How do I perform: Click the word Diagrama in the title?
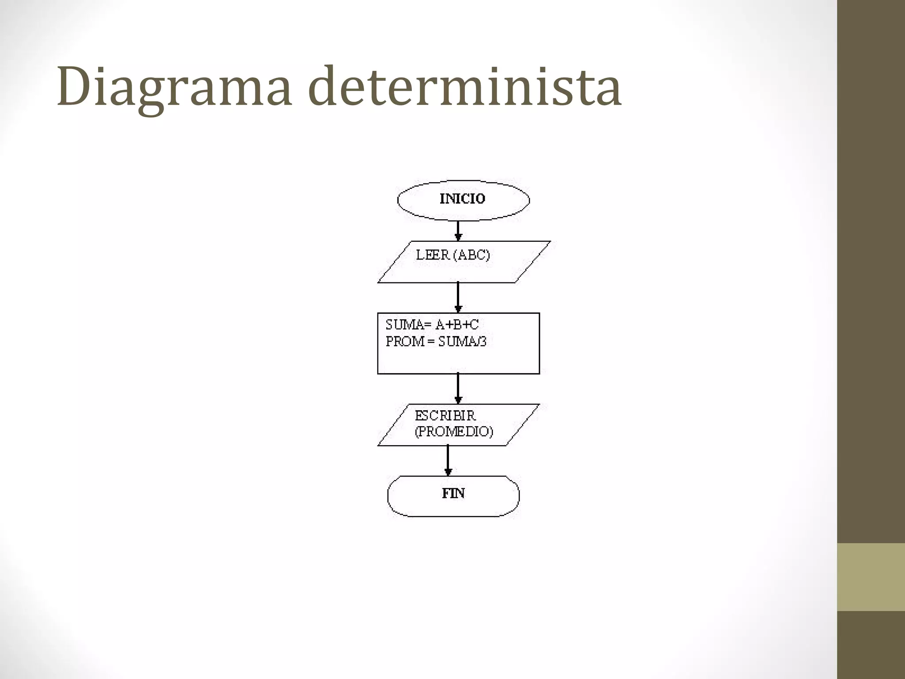click(x=174, y=87)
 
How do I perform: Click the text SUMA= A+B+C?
click(x=432, y=325)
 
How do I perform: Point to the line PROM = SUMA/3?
click(x=436, y=342)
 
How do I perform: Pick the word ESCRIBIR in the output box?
click(x=445, y=416)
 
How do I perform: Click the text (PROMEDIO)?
click(x=454, y=432)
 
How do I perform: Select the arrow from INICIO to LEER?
click(x=458, y=230)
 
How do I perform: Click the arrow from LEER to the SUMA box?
click(x=458, y=297)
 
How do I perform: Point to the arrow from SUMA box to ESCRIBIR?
click(x=458, y=388)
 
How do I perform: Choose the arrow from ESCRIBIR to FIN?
click(x=448, y=460)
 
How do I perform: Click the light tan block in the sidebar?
click(x=871, y=577)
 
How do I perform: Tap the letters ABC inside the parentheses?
click(x=473, y=255)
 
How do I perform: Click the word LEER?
click(x=433, y=255)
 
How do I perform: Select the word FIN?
click(x=453, y=493)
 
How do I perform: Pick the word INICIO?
click(x=462, y=199)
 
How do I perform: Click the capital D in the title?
click(x=71, y=87)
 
